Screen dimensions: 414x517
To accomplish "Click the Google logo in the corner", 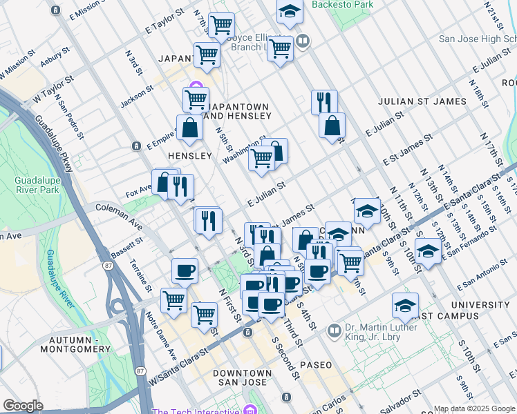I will click(x=23, y=405).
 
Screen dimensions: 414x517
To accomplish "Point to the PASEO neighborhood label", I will click(x=316, y=364).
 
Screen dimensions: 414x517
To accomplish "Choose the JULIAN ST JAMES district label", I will click(x=422, y=101).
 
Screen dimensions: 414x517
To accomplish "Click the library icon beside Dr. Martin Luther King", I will click(x=335, y=331).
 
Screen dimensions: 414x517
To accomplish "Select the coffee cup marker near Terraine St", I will click(x=185, y=270).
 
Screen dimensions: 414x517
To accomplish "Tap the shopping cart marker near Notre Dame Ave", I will click(x=173, y=299).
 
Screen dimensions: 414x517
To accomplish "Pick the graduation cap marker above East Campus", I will click(x=405, y=305).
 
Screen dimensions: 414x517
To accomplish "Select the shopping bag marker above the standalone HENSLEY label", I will click(x=189, y=127).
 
